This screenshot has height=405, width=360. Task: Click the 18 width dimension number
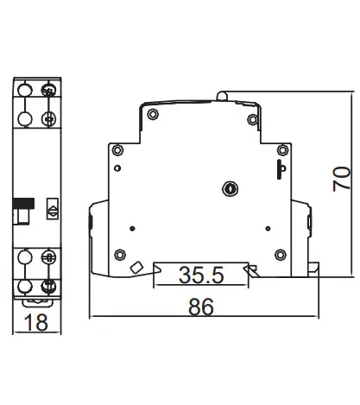coord(36,322)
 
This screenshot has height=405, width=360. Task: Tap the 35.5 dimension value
coord(201,275)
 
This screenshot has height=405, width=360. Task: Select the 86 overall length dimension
coord(201,307)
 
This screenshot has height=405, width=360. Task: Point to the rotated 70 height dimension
coord(342,179)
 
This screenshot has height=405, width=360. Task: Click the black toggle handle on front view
coord(24,203)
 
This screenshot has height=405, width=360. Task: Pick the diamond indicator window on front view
coord(53,209)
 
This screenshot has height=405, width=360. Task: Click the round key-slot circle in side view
coord(231,189)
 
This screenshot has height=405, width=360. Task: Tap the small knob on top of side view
coord(222,96)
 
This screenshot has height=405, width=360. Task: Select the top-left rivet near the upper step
coord(153,114)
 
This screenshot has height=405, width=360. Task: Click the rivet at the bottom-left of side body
coord(119,255)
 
